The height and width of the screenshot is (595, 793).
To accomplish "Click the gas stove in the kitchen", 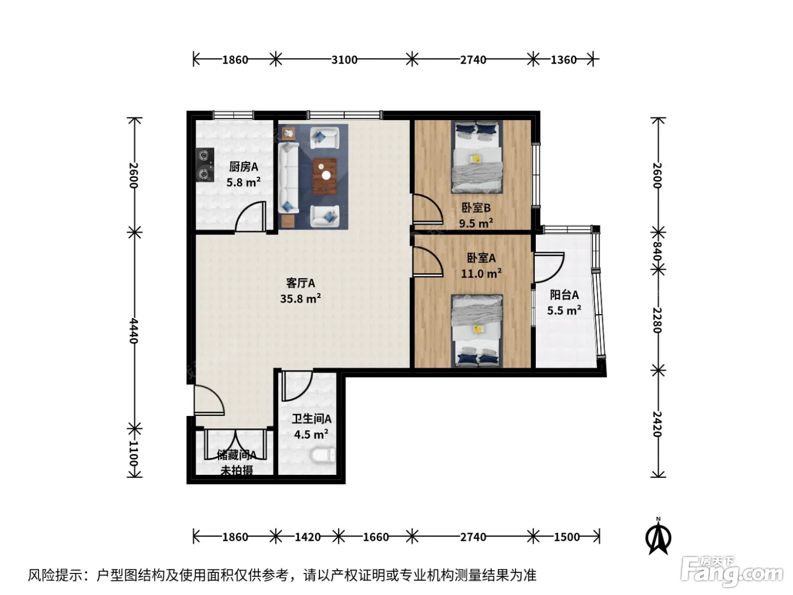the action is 204,164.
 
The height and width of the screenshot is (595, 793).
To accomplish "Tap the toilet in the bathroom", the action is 323,455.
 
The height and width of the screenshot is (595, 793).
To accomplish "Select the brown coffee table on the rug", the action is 325,176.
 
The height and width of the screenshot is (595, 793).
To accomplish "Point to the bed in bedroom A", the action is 477,330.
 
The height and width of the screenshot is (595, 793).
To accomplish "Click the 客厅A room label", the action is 300,283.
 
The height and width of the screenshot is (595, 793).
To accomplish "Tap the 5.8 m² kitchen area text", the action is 244,182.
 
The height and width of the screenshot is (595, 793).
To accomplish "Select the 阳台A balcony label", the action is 564,295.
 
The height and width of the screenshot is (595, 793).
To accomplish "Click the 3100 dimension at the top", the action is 344,59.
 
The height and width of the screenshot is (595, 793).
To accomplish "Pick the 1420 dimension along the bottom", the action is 308,537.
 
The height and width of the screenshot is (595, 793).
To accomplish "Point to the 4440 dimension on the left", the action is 134,331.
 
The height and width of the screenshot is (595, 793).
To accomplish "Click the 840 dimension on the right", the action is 657,250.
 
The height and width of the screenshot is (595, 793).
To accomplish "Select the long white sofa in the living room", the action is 288,177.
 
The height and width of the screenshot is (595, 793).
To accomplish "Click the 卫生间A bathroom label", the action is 312,419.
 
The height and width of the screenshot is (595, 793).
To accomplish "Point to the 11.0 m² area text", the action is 481,274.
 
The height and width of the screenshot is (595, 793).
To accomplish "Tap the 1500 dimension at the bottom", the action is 566,537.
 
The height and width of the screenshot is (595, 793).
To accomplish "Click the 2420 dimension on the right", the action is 657,424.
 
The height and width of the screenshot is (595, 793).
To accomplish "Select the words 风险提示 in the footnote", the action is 55,575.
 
